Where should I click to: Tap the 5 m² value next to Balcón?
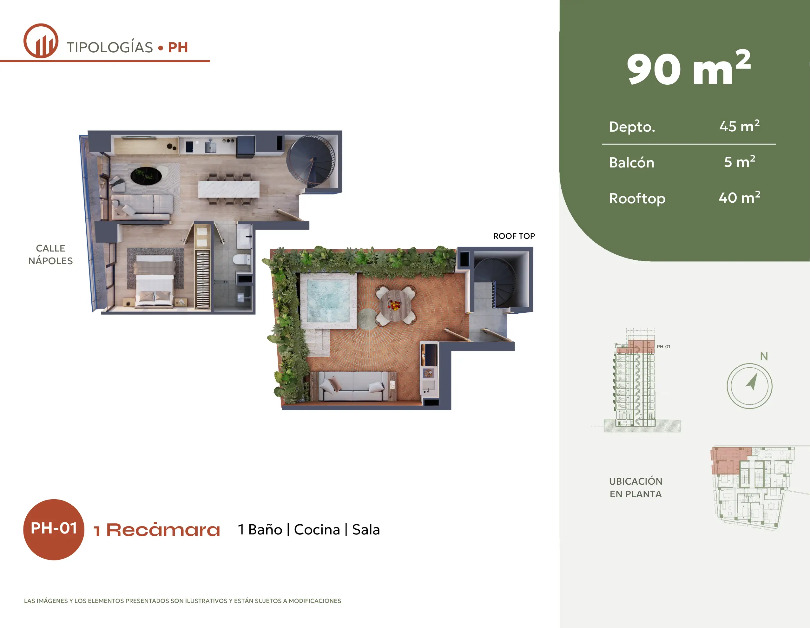(739, 162)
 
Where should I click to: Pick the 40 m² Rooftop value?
(739, 197)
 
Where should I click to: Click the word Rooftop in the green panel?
(637, 198)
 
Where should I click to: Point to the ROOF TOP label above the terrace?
(514, 236)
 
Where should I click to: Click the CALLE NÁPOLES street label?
(50, 254)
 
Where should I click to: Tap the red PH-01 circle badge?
(54, 529)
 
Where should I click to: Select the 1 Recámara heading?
(157, 530)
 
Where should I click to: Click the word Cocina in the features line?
(317, 530)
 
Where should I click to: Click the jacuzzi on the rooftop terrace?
(328, 301)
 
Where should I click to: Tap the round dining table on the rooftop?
(396, 305)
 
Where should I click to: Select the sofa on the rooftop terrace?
(353, 386)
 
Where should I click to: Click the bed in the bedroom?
(155, 282)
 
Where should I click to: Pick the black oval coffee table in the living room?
(146, 175)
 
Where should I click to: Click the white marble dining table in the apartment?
(228, 189)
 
